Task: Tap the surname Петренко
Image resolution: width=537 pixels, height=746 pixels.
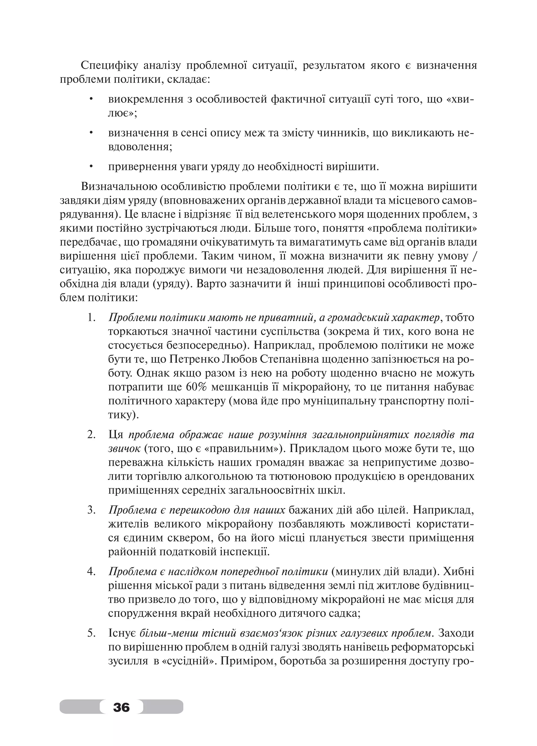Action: click(194, 359)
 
